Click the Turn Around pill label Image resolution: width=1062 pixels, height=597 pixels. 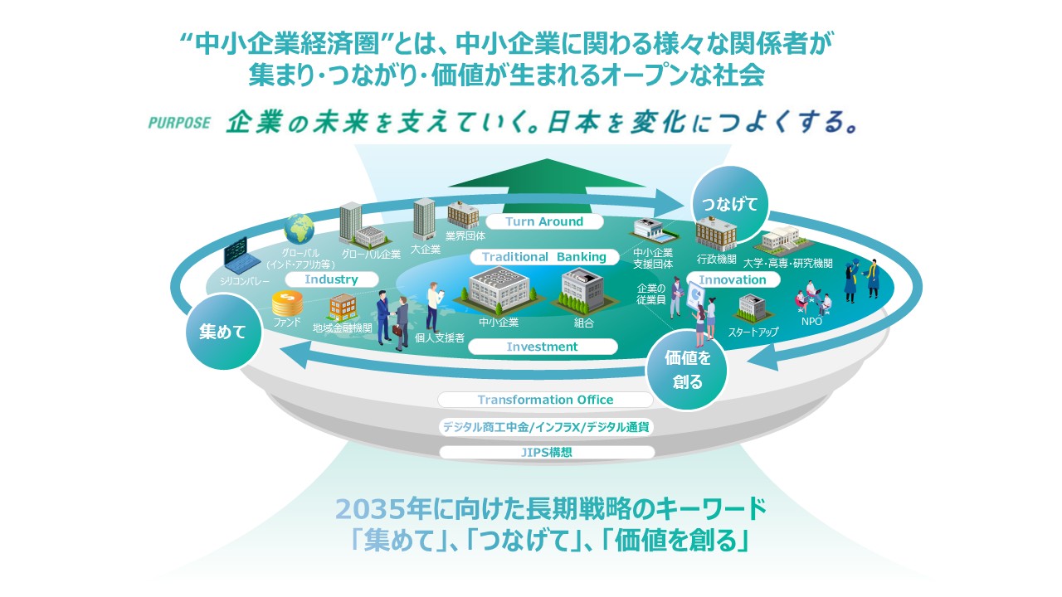[x=544, y=221]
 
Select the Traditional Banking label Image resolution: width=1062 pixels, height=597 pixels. [x=544, y=257]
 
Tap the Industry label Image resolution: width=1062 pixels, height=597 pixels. [x=331, y=279]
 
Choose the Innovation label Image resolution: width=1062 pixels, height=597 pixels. [x=733, y=279]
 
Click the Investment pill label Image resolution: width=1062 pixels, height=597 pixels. [x=543, y=347]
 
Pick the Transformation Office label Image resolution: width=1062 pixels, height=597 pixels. [x=545, y=400]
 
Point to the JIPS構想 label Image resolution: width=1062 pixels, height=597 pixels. [x=547, y=452]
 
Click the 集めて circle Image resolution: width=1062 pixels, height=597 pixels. [x=223, y=332]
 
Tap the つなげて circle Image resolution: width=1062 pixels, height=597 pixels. [x=729, y=205]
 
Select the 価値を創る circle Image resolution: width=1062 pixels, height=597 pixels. [x=687, y=370]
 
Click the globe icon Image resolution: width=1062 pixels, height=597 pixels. [x=299, y=230]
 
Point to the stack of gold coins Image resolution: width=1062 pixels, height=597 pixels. [x=287, y=303]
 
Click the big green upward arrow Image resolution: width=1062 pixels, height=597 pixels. [x=546, y=186]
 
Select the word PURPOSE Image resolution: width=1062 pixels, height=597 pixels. [x=179, y=123]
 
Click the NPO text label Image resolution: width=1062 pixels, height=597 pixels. [x=811, y=321]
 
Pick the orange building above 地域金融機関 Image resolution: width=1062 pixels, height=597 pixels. [x=343, y=307]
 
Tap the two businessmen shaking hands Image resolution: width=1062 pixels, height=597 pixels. [x=392, y=320]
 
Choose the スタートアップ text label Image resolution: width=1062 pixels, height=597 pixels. [x=753, y=332]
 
